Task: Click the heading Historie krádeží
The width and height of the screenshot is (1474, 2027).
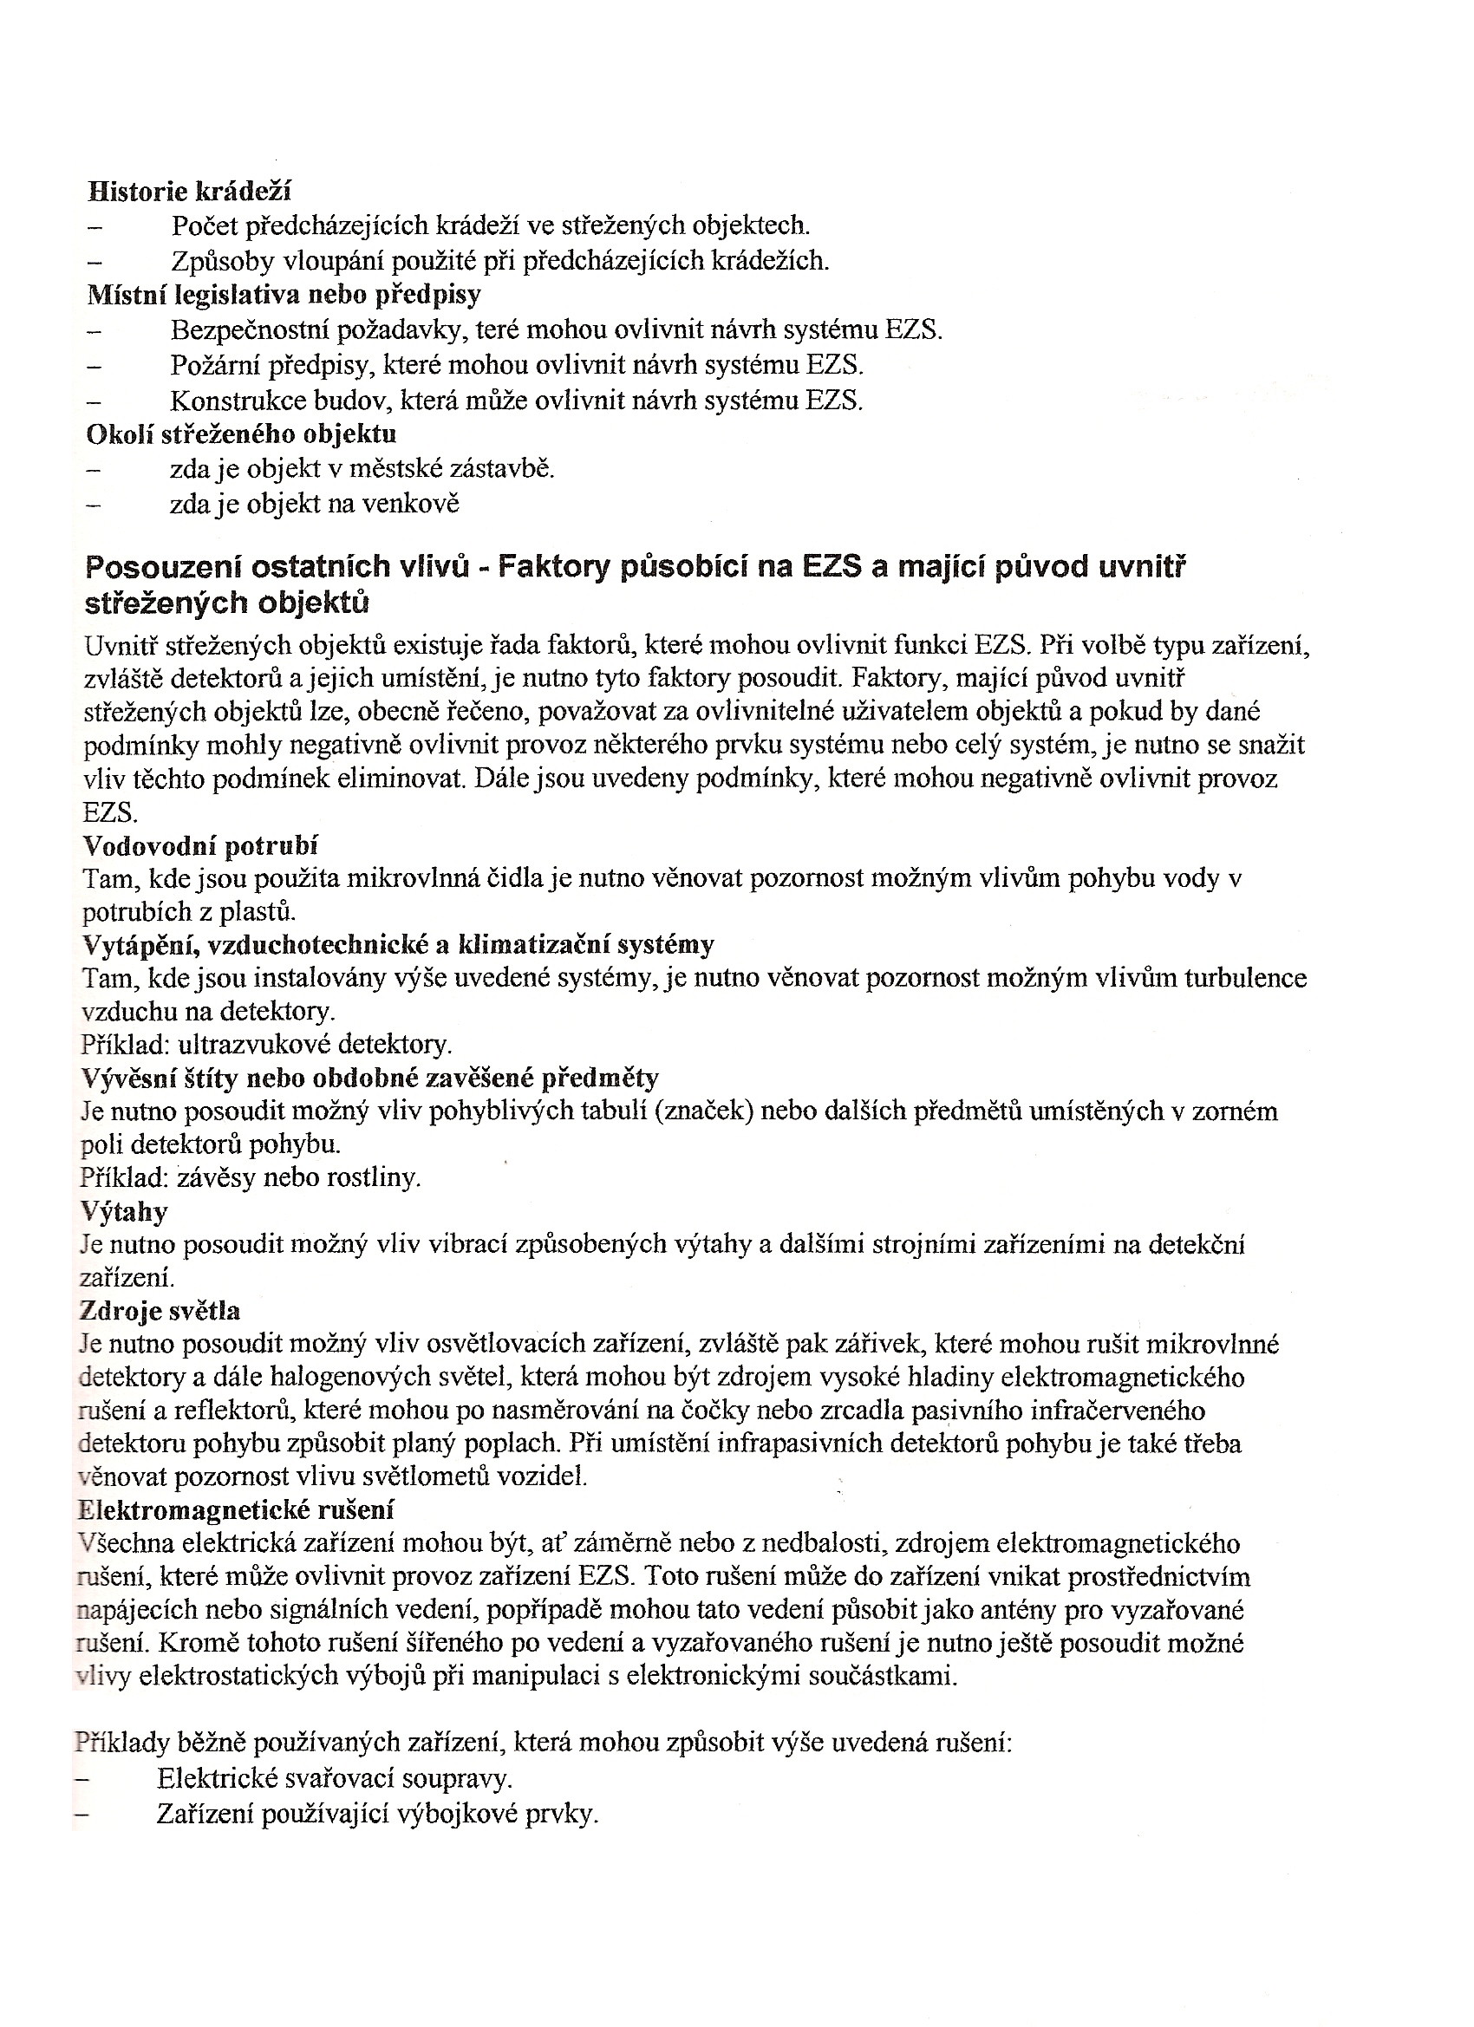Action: point(189,192)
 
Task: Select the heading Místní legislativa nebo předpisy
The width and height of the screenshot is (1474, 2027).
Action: point(284,294)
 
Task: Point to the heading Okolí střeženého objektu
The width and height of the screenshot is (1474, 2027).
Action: point(241,434)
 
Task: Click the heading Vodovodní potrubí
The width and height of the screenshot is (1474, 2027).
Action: point(200,845)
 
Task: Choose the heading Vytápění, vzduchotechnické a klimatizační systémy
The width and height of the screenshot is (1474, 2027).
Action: point(398,945)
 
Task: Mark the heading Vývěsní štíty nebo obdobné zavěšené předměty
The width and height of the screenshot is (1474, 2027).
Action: point(370,1078)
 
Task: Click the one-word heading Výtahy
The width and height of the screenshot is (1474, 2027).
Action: point(124,1212)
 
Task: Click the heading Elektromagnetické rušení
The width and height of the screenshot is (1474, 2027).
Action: point(236,1510)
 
